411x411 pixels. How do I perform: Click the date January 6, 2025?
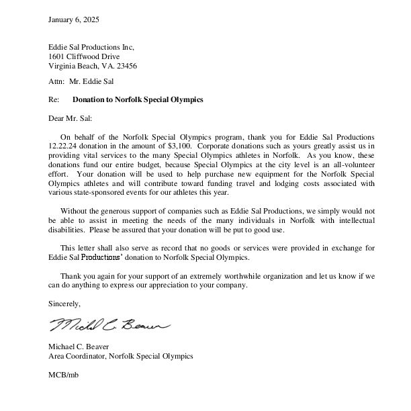tap(74, 19)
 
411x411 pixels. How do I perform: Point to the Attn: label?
tap(56, 82)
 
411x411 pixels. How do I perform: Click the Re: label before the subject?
tap(54, 99)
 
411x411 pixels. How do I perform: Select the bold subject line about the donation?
tap(138, 99)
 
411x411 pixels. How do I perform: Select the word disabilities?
tap(68, 230)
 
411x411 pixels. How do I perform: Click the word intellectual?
tap(355, 220)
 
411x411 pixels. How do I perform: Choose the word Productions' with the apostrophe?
tap(103, 257)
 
